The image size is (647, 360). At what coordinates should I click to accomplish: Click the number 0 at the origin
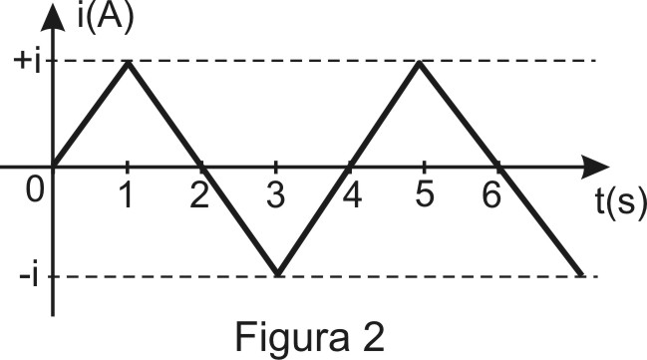point(35,190)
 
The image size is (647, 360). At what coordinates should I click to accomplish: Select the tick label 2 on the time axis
point(199,195)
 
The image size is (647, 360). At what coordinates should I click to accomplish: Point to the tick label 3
point(275,195)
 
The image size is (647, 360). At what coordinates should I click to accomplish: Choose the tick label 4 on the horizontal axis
point(352,195)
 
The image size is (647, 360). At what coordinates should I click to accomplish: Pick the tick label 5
point(425,195)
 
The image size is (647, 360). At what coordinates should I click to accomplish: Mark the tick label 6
point(491,195)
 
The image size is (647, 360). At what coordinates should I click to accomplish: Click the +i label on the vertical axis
point(27,62)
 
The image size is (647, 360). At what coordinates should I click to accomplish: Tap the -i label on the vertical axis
point(29,273)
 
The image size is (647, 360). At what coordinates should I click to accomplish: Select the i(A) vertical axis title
point(106,18)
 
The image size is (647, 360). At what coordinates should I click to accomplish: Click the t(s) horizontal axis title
point(621,201)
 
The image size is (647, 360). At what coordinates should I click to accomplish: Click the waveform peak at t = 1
point(129,62)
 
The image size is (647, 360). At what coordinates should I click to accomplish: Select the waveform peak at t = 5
point(420,62)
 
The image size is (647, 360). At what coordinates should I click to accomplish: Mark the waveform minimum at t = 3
point(277,275)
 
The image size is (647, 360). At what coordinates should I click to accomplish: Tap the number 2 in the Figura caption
point(371,337)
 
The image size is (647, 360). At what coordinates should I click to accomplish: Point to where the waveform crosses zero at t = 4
point(349,168)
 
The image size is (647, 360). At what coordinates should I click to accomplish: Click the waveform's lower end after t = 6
point(582,275)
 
